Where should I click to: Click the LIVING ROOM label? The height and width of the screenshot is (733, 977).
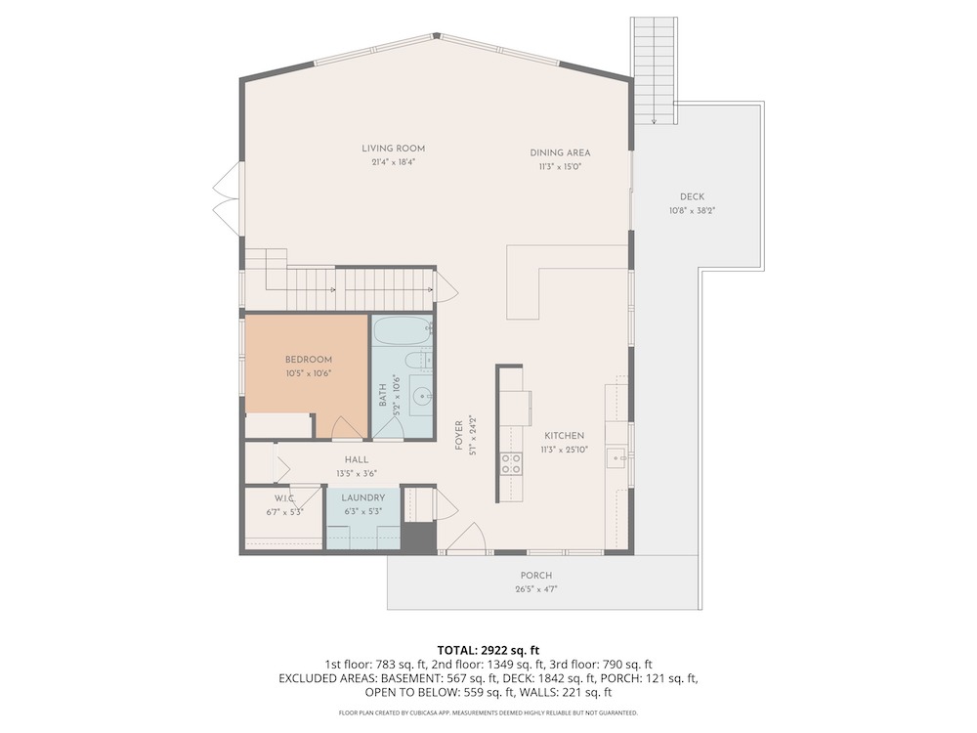[393, 149]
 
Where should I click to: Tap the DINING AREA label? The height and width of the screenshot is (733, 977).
[560, 152]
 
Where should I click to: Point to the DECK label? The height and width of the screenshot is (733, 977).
[692, 196]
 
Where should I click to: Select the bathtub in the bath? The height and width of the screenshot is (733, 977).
[403, 329]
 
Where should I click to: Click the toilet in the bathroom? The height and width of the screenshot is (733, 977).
[415, 360]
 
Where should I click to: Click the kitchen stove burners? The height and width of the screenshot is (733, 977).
[512, 462]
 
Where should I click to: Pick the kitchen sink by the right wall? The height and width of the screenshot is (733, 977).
[616, 458]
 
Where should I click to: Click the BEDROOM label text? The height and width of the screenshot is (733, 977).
[309, 360]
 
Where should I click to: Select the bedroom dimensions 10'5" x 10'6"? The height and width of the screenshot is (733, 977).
[309, 373]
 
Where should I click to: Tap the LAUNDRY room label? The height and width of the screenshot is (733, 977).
[363, 497]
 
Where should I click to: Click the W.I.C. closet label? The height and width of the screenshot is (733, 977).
[284, 498]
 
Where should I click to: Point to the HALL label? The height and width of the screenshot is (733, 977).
[357, 459]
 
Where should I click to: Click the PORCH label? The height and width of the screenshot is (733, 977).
[535, 576]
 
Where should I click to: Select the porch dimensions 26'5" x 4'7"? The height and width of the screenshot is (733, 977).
[535, 589]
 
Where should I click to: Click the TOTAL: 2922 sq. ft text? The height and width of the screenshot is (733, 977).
[488, 651]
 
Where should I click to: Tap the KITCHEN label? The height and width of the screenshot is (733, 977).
[564, 436]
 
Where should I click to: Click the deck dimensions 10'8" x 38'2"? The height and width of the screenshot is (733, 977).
[692, 211]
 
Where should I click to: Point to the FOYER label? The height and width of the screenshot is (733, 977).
[459, 435]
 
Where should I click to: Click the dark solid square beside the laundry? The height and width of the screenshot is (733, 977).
[417, 536]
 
